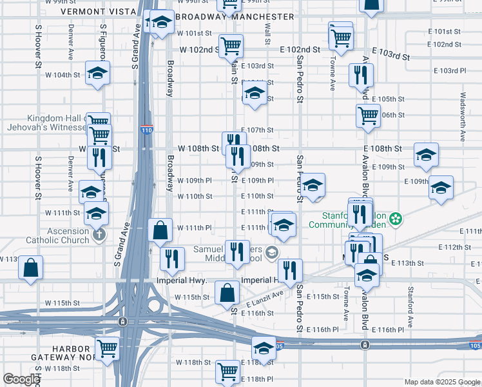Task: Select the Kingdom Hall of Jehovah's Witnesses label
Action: pos(57,123)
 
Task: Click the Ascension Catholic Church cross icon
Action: pos(99,235)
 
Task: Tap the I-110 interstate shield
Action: pos(147,130)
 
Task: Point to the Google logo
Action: pos(21,379)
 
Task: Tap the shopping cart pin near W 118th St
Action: pos(227,371)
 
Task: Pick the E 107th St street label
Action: pos(258,130)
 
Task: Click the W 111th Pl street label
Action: pos(195,228)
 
